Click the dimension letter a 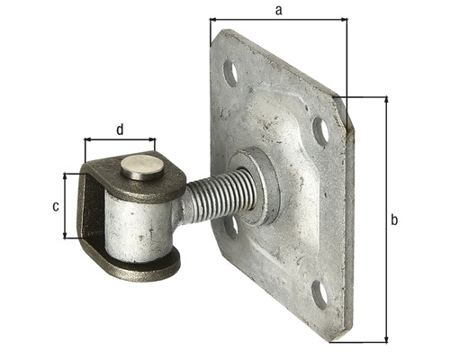pos(279,11)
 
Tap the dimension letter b pos(394,220)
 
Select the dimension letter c pos(56,207)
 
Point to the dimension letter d pos(120,130)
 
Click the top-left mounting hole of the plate pos(230,73)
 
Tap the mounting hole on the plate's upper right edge pos(321,131)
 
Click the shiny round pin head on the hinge pos(142,167)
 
